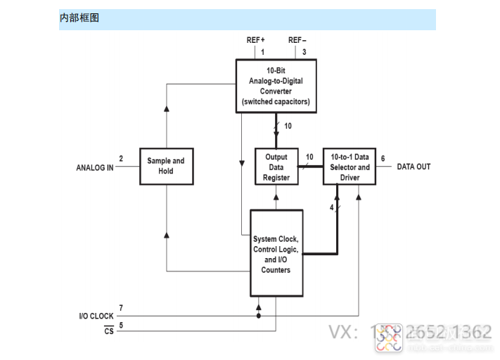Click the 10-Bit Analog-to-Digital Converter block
275,86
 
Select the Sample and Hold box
165,166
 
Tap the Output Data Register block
276,167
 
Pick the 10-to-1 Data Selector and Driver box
350,167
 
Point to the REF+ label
255,40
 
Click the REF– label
297,40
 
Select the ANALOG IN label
94,167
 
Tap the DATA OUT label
414,167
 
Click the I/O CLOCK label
96,316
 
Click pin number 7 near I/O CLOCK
121,308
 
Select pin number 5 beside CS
121,325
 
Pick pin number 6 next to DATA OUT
383,159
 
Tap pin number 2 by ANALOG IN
121,159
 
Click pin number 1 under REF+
263,52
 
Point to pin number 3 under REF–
305,52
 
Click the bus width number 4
332,207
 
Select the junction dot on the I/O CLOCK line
259,316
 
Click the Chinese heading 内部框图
79,18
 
